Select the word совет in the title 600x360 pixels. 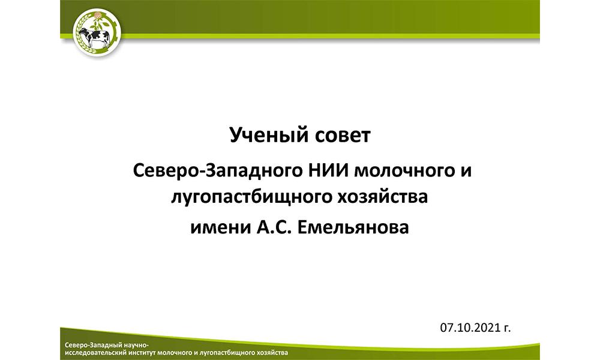[341, 136]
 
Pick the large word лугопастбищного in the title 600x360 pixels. [250, 197]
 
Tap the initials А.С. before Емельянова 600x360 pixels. [274, 227]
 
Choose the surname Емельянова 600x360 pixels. [353, 227]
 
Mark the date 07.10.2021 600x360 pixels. [470, 328]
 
